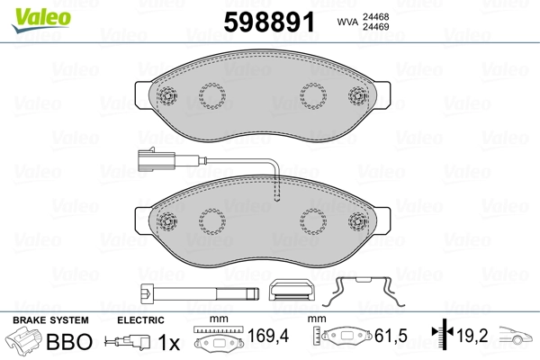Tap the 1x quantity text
pyautogui.click(x=167, y=342)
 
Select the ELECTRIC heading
pyautogui.click(x=140, y=319)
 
